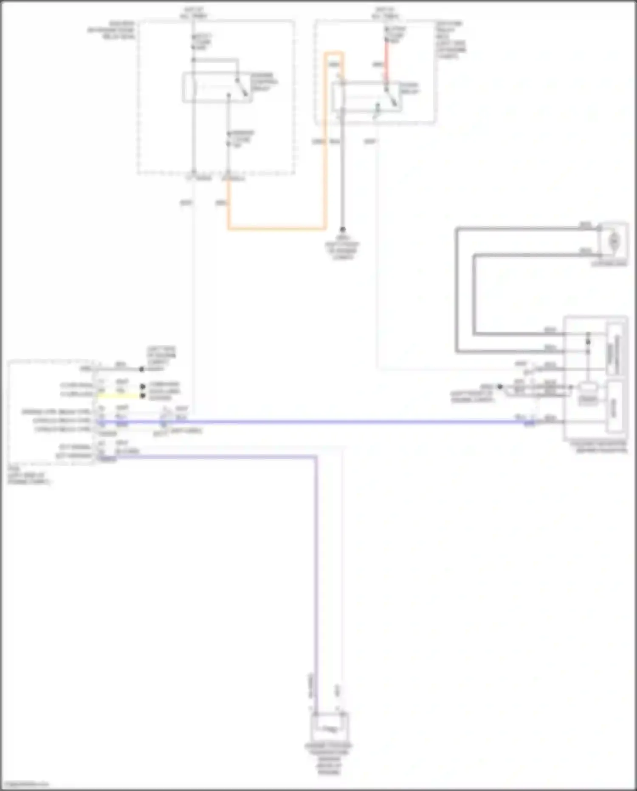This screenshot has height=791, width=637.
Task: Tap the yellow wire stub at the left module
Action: coord(119,396)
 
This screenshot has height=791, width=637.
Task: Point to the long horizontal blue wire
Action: coord(340,422)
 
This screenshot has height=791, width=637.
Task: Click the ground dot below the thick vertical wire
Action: coord(342,230)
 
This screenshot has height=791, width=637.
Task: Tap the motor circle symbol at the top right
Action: coord(614,241)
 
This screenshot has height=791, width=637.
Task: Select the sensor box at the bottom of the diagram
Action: coord(330,727)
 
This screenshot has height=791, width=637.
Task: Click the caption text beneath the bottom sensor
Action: coord(329,759)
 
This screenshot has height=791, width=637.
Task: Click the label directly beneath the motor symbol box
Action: coord(610,264)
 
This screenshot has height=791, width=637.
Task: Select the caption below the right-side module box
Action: coord(599,446)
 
